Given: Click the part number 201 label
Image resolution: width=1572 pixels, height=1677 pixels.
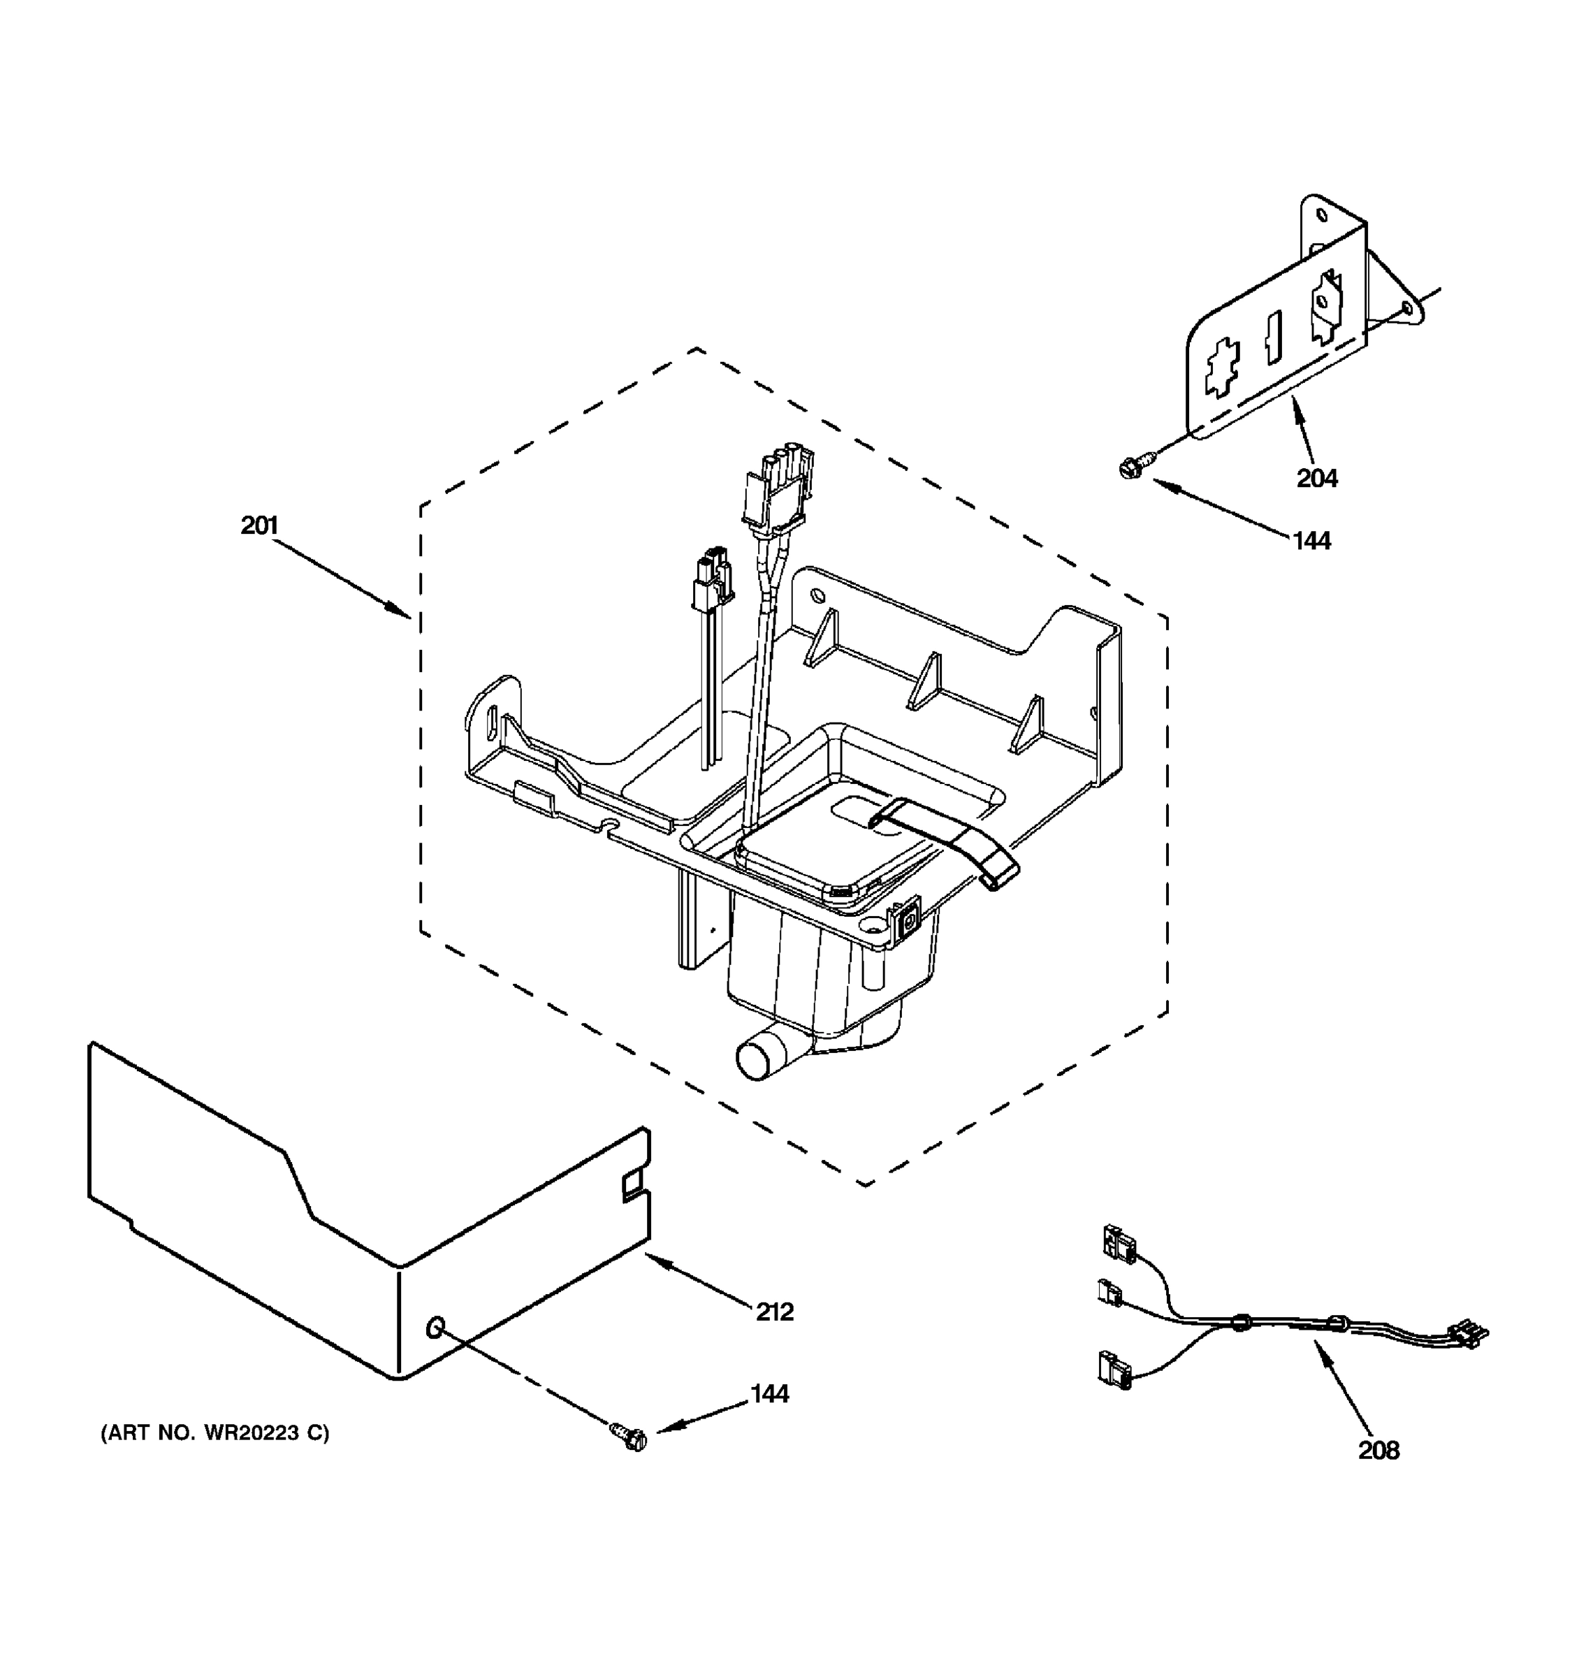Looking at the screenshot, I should coord(259,525).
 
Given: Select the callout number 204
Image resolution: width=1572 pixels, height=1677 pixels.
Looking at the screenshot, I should coord(1316,479).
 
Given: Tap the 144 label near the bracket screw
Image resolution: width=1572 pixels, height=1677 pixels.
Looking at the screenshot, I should coord(1311,541).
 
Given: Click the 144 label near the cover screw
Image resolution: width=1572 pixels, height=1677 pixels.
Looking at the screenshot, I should coord(769,1393).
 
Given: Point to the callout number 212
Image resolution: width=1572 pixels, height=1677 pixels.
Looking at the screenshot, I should coord(774,1312).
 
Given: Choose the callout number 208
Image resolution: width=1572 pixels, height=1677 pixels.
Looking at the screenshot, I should coord(1378,1450).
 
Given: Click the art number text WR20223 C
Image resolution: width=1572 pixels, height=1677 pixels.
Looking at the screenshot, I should coord(215,1432).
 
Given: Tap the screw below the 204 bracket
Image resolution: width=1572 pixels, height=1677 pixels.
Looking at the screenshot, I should coord(1127,465).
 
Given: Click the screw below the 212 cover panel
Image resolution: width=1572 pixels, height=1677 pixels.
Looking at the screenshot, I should coord(629,1437).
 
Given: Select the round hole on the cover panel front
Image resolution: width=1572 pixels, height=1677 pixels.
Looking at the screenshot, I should coord(435,1328).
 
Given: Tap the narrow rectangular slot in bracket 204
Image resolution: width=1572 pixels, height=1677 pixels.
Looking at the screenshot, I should coord(1272,337).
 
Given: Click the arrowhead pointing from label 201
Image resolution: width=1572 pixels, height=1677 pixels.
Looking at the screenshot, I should coord(402,611).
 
